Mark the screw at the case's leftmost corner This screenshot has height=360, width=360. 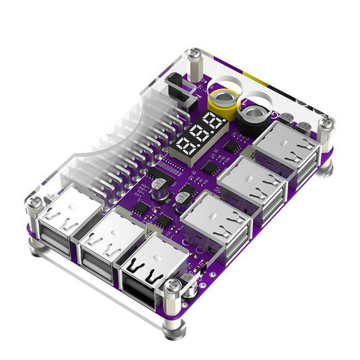click(x=35, y=204)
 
